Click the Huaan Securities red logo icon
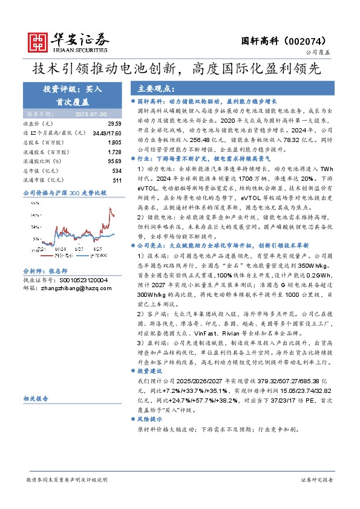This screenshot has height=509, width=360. [x=39, y=41]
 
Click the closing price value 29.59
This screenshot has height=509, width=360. [x=116, y=123]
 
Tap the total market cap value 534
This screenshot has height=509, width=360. [x=117, y=170]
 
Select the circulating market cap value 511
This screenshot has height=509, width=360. [x=117, y=180]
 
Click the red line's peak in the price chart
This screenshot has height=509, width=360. [x=110, y=209]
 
